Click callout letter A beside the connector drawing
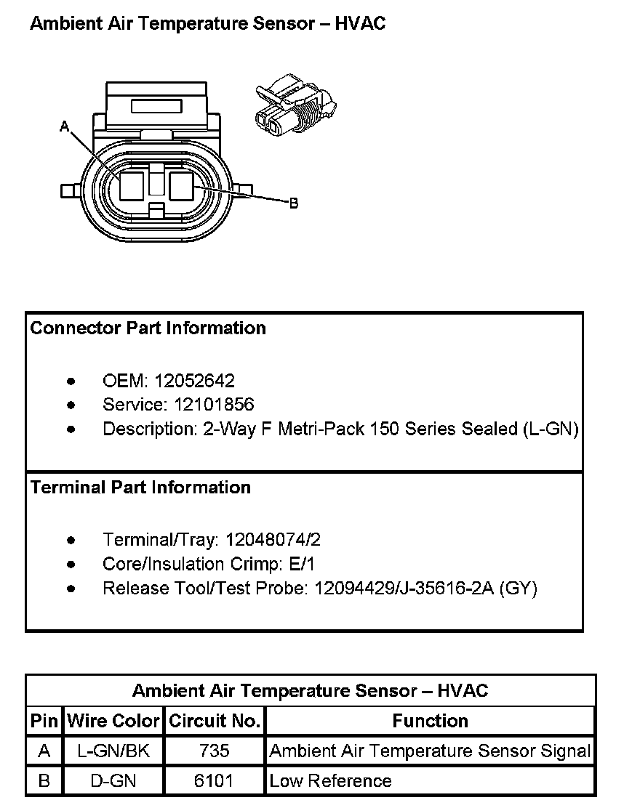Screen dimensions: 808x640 click(x=64, y=127)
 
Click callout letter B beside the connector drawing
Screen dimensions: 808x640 click(x=294, y=203)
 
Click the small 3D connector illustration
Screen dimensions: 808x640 click(x=295, y=105)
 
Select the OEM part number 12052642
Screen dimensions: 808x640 click(x=194, y=381)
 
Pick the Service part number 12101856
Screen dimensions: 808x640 click(x=209, y=405)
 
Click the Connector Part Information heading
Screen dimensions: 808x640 click(x=148, y=328)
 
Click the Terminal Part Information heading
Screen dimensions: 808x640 click(x=140, y=488)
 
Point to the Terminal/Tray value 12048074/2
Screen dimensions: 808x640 click(x=273, y=540)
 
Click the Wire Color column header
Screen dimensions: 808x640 click(x=113, y=722)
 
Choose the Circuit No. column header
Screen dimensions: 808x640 click(x=215, y=722)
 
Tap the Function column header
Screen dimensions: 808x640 click(x=430, y=722)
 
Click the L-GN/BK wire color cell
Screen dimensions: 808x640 click(x=113, y=751)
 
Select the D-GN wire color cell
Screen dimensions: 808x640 click(x=113, y=781)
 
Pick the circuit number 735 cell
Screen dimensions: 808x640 click(x=214, y=751)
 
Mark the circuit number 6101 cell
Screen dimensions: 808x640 click(x=214, y=781)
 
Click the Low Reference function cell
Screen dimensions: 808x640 click(x=330, y=781)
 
